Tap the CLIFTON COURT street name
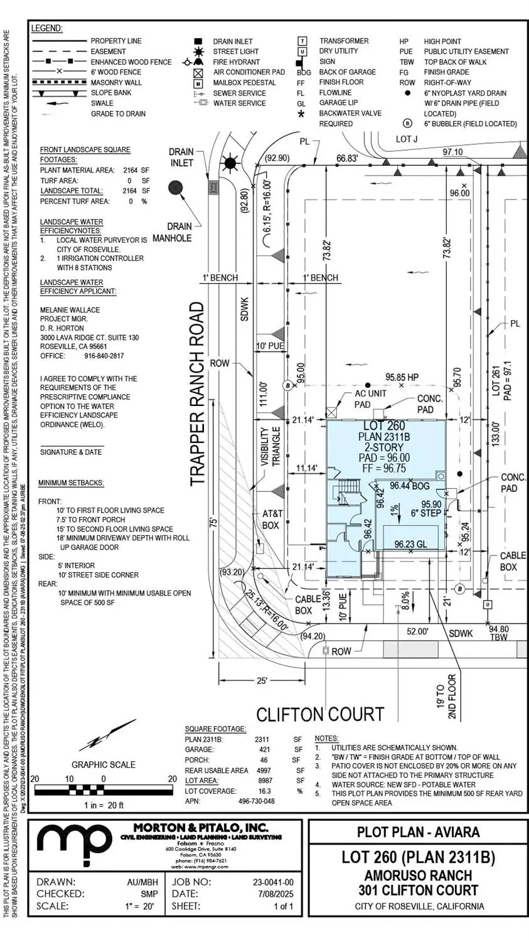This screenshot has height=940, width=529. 320,714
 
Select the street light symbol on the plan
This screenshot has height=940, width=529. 230,164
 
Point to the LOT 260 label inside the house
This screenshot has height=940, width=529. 384,426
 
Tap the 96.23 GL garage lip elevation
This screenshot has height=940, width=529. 410,545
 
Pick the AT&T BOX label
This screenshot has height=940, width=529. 272,519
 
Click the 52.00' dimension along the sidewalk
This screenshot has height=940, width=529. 417,631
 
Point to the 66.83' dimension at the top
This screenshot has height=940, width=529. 347,158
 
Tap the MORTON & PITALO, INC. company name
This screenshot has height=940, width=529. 201,828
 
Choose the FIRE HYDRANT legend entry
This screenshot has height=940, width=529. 236,61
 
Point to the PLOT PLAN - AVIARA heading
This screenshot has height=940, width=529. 418,832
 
